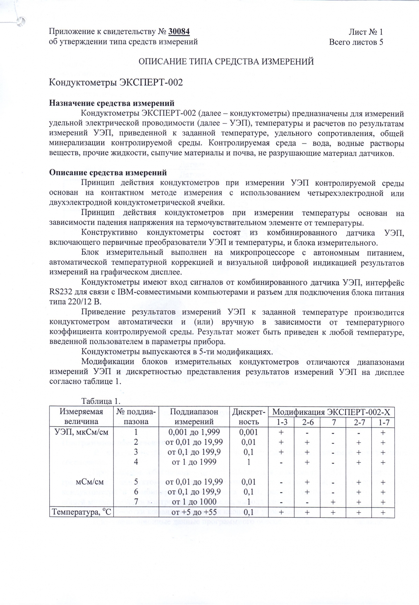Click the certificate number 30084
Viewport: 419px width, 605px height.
click(179, 32)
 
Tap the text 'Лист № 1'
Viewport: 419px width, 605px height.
click(365, 32)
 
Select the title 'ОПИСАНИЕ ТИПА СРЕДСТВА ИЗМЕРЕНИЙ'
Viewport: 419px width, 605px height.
click(226, 61)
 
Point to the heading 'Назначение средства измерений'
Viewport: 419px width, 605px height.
click(112, 103)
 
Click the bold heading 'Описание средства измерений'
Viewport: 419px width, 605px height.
click(108, 173)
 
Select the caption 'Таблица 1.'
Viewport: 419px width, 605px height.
click(101, 401)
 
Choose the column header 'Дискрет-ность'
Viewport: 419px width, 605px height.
click(249, 417)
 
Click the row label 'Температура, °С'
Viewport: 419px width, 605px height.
click(82, 512)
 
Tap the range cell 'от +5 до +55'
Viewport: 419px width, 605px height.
click(194, 512)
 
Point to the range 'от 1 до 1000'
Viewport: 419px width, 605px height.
click(194, 502)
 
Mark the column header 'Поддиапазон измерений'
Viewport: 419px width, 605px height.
click(194, 417)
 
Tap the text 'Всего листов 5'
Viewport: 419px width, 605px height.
click(356, 42)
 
